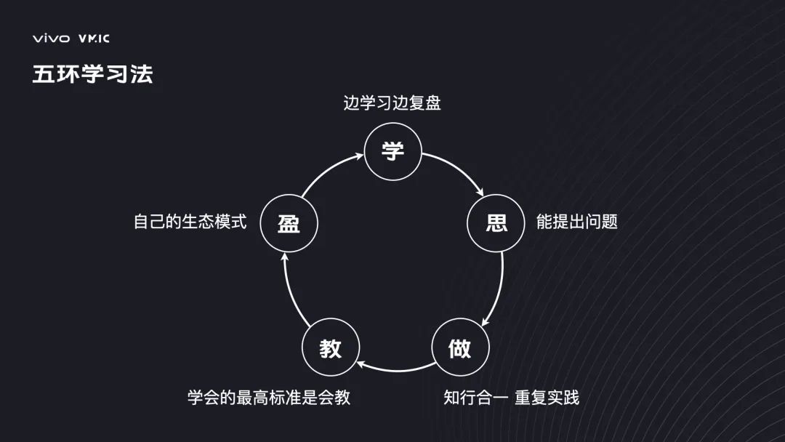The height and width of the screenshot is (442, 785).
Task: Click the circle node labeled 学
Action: [392, 151]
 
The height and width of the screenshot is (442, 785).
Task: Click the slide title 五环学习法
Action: [92, 74]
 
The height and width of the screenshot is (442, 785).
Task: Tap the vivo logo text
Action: [50, 39]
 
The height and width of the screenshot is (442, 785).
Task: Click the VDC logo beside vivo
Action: [94, 39]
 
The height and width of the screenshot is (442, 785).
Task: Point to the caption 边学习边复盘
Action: [392, 103]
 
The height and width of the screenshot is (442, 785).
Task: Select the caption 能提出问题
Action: [576, 222]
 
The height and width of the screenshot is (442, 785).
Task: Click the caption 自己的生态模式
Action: [190, 222]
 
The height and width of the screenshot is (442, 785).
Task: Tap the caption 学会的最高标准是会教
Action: [268, 398]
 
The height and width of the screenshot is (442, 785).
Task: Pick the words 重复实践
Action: [547, 398]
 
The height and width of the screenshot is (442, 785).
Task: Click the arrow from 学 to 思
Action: [458, 172]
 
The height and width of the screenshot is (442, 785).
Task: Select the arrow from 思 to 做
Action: [499, 291]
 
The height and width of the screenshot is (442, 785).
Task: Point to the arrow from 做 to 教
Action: [396, 369]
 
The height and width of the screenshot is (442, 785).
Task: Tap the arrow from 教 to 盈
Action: [291, 291]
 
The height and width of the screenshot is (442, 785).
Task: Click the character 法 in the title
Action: [142, 74]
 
